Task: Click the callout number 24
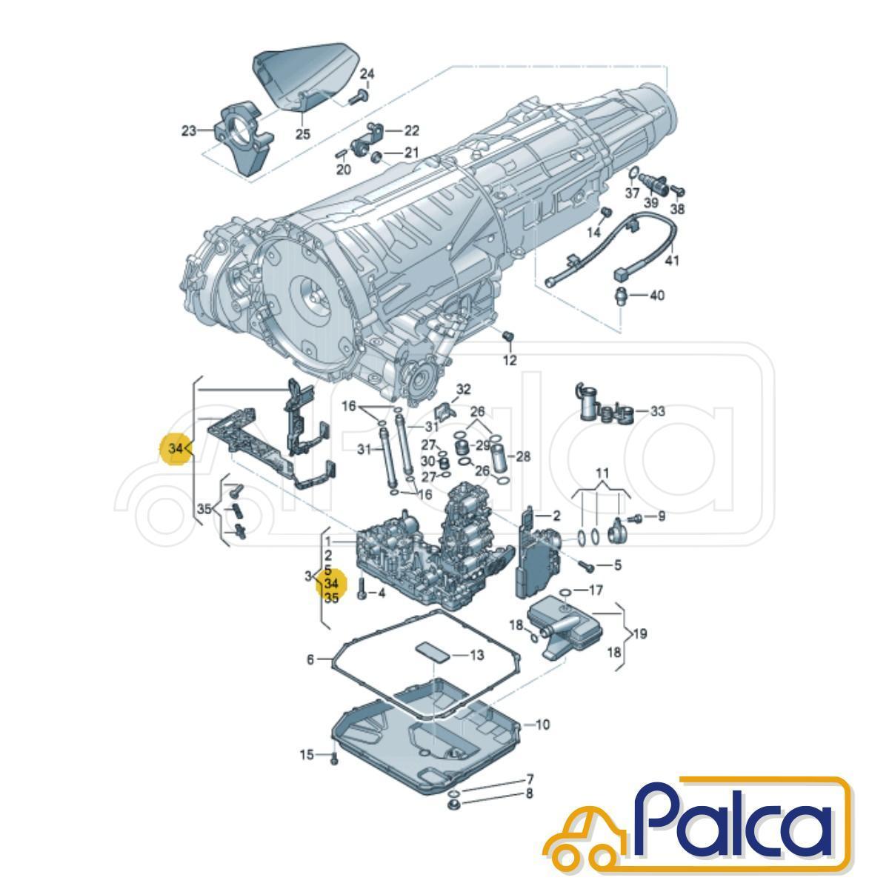[x=367, y=74]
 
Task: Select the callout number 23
[x=189, y=131]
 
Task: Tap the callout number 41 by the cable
[x=672, y=261]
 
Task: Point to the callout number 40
[x=657, y=295]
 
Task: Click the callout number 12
[x=510, y=360]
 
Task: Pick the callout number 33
[x=657, y=410]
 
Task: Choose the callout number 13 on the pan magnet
[x=476, y=655]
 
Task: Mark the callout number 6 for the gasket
[x=310, y=660]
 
